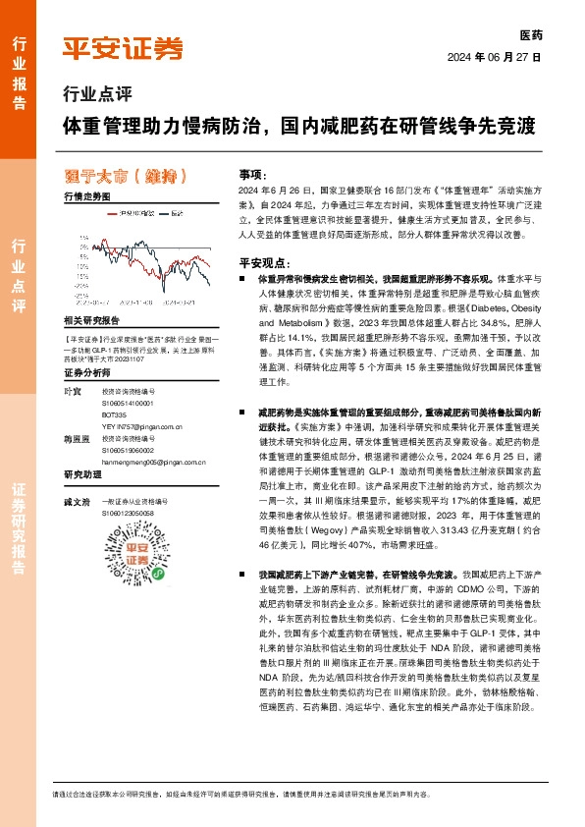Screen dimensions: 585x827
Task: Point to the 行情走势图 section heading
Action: pyautogui.click(x=87, y=197)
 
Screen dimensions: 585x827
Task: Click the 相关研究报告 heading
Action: pyautogui.click(x=91, y=320)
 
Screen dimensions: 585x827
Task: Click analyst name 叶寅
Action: pyautogui.click(x=72, y=392)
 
